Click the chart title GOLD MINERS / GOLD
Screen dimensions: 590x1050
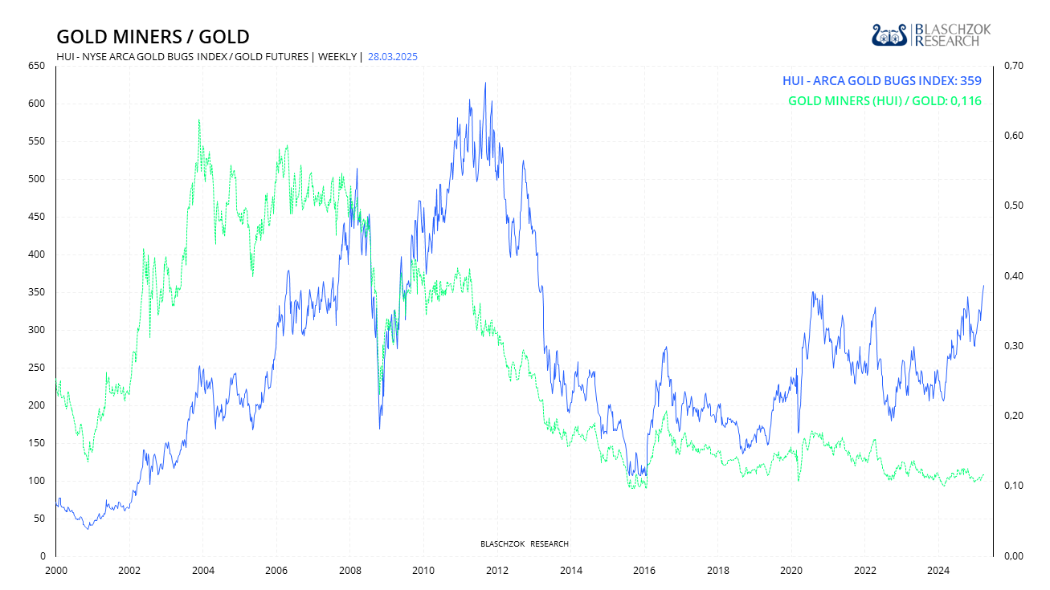pyautogui.click(x=153, y=37)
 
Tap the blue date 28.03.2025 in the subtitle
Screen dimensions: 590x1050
pyautogui.click(x=393, y=57)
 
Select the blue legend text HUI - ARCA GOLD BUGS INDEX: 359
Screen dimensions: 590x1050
pyautogui.click(x=882, y=80)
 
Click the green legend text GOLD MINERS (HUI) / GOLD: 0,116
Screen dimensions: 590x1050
pyautogui.click(x=885, y=101)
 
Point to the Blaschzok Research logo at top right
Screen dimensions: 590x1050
pyautogui.click(x=931, y=35)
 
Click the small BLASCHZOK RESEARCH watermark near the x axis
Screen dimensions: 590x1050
pyautogui.click(x=524, y=544)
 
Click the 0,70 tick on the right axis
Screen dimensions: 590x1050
pyautogui.click(x=1011, y=66)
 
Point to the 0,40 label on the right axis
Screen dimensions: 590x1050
pyautogui.click(x=1011, y=276)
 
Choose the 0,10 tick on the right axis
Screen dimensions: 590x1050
pyautogui.click(x=1011, y=486)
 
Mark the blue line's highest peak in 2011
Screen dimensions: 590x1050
pyautogui.click(x=484, y=83)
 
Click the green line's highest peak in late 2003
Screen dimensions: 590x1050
pyautogui.click(x=198, y=120)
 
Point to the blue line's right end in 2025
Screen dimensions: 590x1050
pyautogui.click(x=983, y=286)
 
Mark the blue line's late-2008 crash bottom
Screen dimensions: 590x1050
pyautogui.click(x=379, y=428)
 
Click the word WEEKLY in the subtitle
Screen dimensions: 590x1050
pyautogui.click(x=337, y=57)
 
